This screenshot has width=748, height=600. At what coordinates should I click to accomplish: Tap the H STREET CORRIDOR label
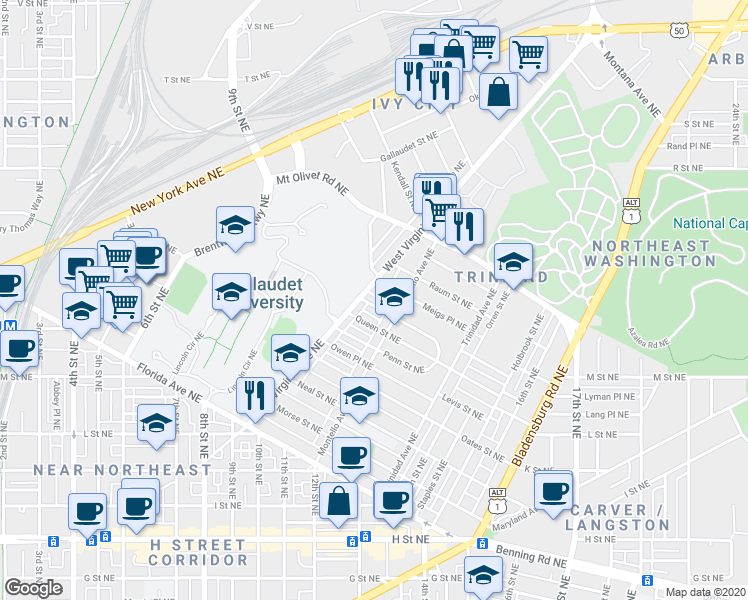tap(198, 545)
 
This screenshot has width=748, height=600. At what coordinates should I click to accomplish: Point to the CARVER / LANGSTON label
tap(619, 517)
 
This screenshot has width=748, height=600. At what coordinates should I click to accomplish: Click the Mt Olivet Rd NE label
tap(311, 182)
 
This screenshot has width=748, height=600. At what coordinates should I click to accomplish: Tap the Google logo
tap(34, 588)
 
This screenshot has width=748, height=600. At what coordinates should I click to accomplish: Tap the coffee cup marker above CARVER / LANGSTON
tap(553, 490)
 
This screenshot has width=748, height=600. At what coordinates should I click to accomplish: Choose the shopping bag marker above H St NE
tap(340, 500)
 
